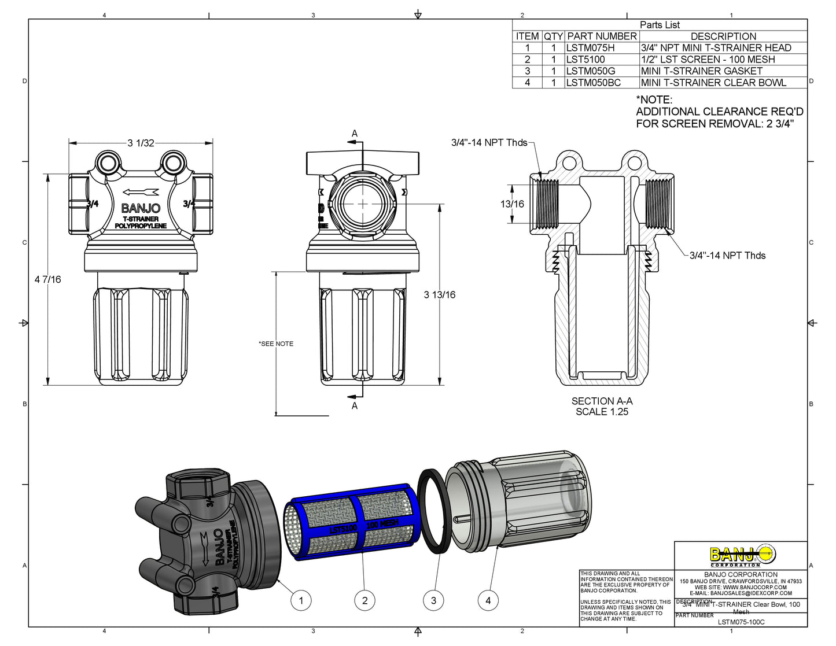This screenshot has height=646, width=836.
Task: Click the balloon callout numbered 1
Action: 300,600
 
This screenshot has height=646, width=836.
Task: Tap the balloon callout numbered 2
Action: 364,600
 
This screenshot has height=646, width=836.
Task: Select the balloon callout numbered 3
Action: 433,600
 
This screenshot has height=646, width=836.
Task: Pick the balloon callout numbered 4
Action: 488,600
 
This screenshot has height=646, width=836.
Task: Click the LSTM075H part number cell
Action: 590,48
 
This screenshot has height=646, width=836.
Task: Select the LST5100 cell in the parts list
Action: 585,60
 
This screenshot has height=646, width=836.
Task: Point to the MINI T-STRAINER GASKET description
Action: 701,71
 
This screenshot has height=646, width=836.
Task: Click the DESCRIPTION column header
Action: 723,36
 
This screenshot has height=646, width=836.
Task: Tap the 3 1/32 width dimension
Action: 141,143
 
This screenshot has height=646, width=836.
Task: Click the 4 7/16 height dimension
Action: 47,279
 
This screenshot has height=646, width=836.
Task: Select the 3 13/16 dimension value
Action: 439,295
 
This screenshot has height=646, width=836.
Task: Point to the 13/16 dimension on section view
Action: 512,204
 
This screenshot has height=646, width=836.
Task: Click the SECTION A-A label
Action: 602,401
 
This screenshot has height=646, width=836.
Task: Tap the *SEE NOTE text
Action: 276,344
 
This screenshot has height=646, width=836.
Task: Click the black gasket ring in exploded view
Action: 434,511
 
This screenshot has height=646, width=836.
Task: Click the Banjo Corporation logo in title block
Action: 742,556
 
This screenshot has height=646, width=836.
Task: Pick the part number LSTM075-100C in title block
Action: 741,622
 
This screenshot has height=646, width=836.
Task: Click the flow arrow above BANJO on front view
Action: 141,193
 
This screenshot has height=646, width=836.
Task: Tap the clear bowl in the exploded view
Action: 532,497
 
